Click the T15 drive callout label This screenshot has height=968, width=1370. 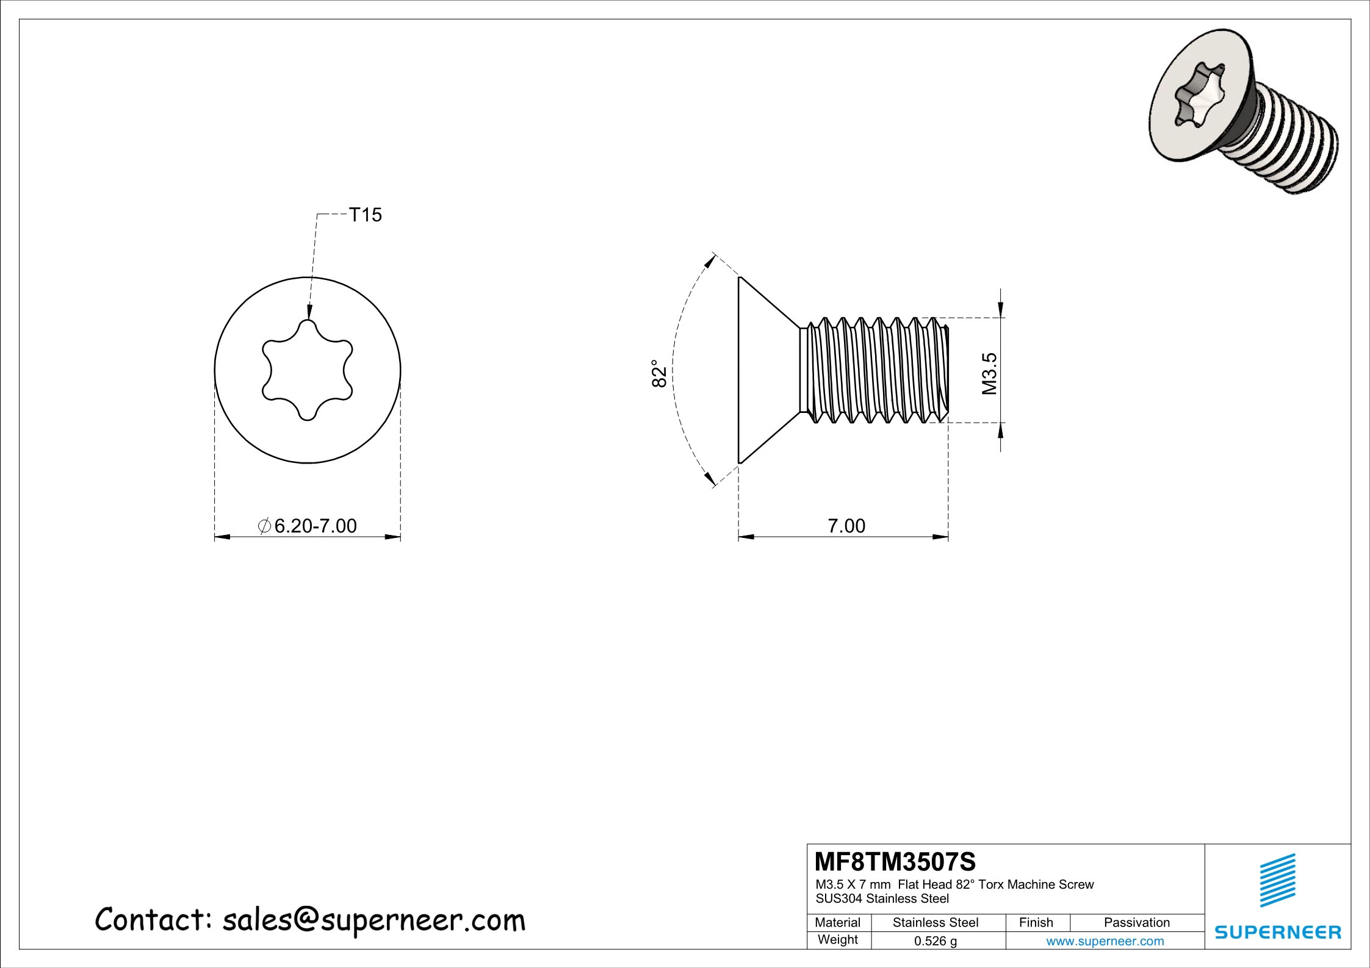(365, 215)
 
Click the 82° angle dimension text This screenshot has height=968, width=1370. (658, 373)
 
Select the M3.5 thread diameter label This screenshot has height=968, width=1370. (989, 373)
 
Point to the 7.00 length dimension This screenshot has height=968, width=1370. (846, 526)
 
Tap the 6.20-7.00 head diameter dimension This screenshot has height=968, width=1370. (308, 526)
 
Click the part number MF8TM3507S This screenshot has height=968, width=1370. (895, 862)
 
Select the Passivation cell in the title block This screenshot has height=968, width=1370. (1136, 922)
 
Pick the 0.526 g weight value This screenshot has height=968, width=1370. (935, 941)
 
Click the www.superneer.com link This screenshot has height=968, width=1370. (1105, 941)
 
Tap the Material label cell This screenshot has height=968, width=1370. (837, 922)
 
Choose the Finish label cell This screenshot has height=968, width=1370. (1036, 922)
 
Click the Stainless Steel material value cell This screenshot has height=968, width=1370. (935, 922)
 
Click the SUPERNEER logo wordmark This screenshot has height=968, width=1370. (1278, 932)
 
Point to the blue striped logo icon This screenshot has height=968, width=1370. (1278, 880)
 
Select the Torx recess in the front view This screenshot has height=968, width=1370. (308, 370)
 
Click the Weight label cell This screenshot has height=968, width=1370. (837, 939)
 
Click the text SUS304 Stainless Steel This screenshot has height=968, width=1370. (882, 898)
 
